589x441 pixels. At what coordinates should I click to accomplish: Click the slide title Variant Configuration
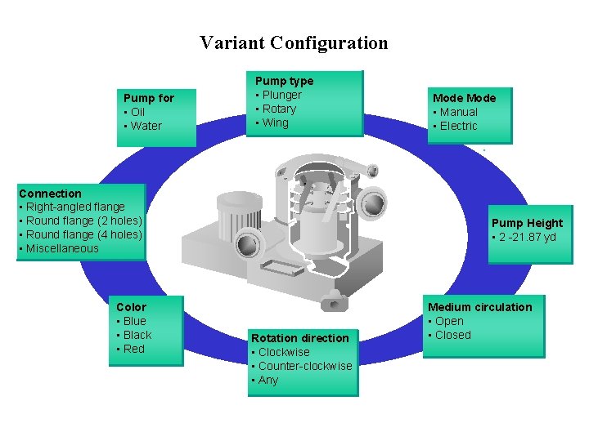pos(294,42)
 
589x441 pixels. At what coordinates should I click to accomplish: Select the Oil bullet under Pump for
pos(137,112)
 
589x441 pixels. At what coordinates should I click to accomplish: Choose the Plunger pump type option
pos(281,95)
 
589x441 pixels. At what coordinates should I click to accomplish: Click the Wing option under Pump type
pos(275,122)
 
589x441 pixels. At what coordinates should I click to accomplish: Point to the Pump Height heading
pos(527,223)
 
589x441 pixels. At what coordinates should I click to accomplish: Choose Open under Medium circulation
pos(449,321)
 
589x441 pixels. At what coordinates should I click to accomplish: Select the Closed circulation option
pos(452,335)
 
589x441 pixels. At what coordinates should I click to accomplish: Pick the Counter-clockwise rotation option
pos(304,366)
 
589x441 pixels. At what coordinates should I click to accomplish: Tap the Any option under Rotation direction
pos(268,380)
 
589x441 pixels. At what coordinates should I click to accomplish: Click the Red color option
pos(133,349)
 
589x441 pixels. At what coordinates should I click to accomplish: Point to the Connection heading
pos(50,194)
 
